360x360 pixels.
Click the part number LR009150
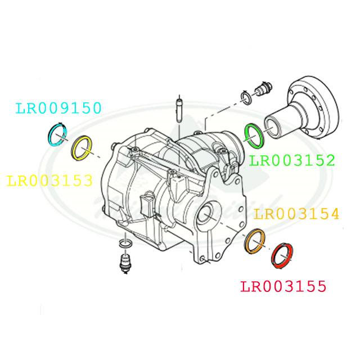point(58,108)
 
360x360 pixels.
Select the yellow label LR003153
point(49,181)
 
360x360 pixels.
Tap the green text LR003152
point(292,160)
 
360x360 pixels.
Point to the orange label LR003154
point(296,214)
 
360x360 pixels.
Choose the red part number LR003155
point(283,287)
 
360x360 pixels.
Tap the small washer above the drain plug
point(125,244)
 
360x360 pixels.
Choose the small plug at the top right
point(262,89)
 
